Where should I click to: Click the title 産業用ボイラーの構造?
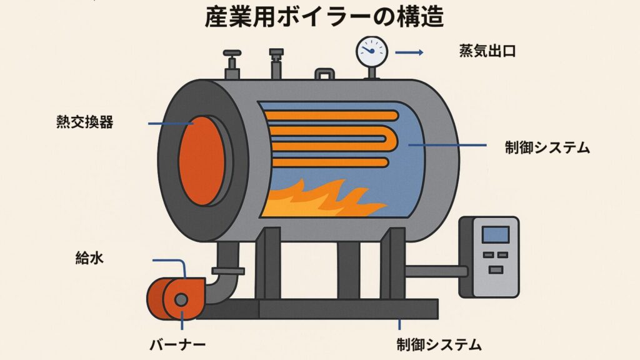(324, 17)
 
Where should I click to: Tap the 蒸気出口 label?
(487, 51)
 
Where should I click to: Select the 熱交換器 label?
(84, 122)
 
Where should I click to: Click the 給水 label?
(89, 258)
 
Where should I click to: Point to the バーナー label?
(177, 345)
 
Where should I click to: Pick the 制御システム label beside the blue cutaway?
(547, 147)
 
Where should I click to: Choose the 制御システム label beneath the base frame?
(439, 345)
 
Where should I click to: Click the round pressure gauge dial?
(372, 52)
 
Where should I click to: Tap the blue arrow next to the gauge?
(409, 52)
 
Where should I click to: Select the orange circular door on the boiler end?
(202, 161)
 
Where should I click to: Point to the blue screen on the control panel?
(496, 235)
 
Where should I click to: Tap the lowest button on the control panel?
(496, 270)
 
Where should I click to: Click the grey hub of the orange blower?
(181, 300)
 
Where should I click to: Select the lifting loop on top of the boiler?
(325, 74)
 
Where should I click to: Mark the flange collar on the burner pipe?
(228, 271)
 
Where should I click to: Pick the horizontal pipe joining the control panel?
(436, 271)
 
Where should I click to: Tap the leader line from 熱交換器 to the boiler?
(170, 123)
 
